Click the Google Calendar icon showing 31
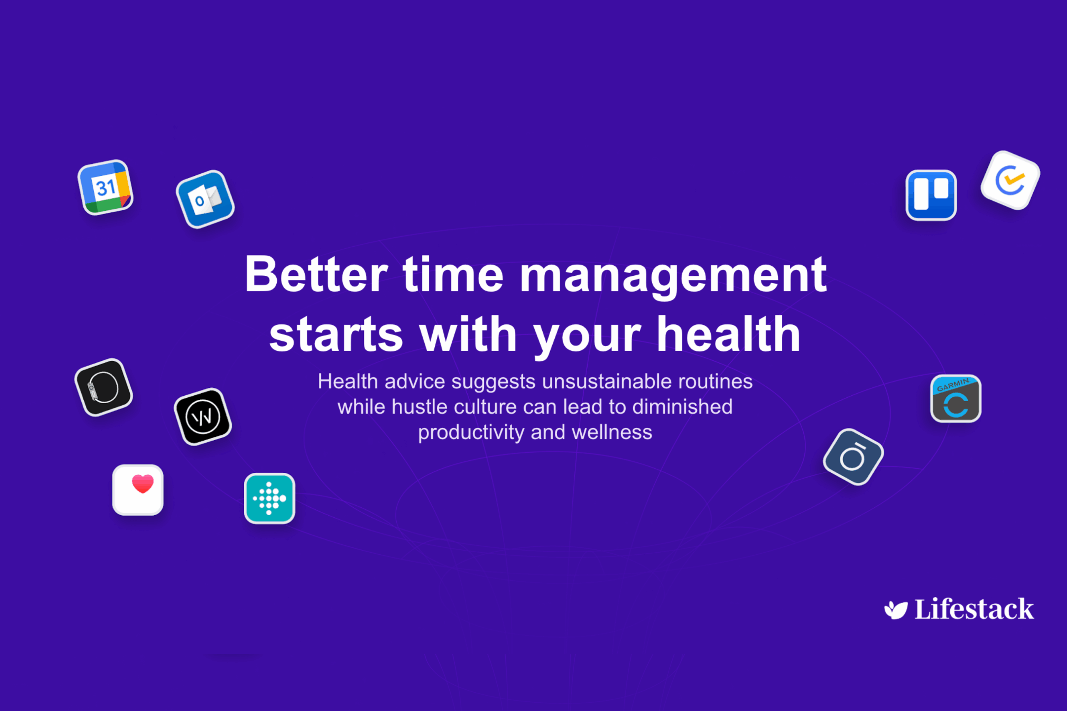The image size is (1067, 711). pyautogui.click(x=105, y=187)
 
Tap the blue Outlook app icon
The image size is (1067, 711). pyautogui.click(x=205, y=199)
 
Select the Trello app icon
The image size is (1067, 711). pyautogui.click(x=931, y=195)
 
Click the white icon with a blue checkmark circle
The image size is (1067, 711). pyautogui.click(x=1010, y=180)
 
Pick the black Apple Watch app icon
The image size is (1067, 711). pyautogui.click(x=103, y=387)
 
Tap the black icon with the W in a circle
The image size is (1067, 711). pyautogui.click(x=203, y=417)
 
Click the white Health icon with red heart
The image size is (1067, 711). pyautogui.click(x=138, y=490)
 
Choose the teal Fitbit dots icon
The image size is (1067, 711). pyautogui.click(x=270, y=498)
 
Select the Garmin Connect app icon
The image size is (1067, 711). pyautogui.click(x=956, y=399)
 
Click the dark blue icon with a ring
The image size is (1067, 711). pyautogui.click(x=853, y=457)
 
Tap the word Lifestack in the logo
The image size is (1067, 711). pyautogui.click(x=974, y=609)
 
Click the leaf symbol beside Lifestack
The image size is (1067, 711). pyautogui.click(x=896, y=610)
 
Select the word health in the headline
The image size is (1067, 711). pyautogui.click(x=729, y=334)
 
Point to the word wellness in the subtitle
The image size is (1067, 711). pyautogui.click(x=612, y=432)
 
